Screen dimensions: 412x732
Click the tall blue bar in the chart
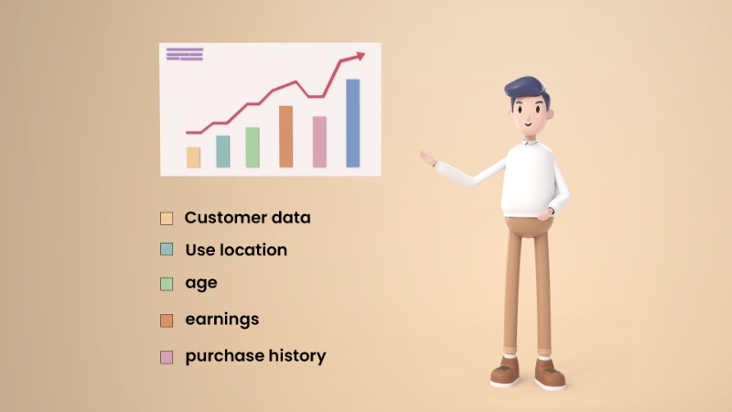point(352,124)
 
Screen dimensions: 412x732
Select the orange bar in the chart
point(285,136)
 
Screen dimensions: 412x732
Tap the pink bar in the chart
point(319,142)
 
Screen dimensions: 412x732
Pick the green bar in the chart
point(253,147)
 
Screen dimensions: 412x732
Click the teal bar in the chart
point(222,151)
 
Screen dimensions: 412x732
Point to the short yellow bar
point(193,157)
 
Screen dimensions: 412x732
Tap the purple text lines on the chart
point(184,54)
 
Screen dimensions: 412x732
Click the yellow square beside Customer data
point(167,219)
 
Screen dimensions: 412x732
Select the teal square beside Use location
point(167,250)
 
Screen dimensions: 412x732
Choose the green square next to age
point(167,284)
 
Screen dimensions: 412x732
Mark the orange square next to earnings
point(167,320)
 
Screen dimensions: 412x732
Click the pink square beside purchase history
point(167,357)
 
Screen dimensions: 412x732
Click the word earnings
point(222,320)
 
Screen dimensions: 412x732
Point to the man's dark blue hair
point(528,90)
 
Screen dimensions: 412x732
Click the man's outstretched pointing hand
point(428,158)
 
